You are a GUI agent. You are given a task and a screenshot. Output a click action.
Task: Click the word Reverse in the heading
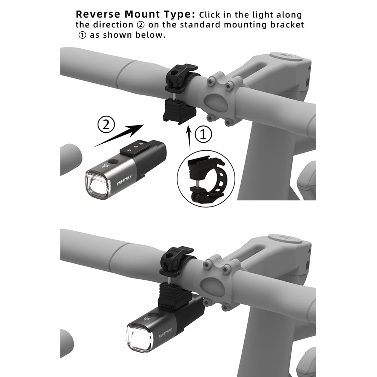(x=98, y=15)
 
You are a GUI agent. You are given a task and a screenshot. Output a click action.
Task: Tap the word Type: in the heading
(x=179, y=15)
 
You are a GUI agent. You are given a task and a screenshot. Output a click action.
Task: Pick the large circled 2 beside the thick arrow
(x=106, y=125)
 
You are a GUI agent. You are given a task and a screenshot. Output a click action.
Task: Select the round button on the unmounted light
(x=111, y=162)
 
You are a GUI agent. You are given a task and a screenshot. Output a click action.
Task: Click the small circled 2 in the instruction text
(x=142, y=25)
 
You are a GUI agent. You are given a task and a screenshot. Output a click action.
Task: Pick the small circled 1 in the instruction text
(x=82, y=35)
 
